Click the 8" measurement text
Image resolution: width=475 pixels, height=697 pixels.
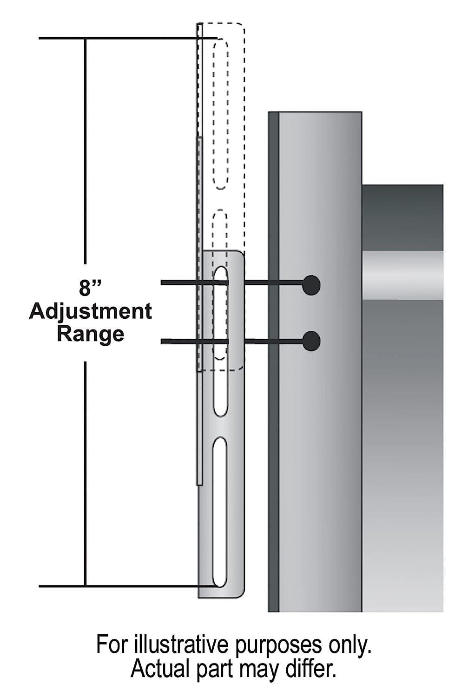point(90,288)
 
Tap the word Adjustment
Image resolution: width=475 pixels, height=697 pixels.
point(90,311)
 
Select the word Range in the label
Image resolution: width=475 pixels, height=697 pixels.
point(90,334)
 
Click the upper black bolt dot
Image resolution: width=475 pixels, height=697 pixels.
point(311,285)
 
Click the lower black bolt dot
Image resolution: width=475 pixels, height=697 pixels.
point(311,341)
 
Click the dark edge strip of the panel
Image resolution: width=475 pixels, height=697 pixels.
point(273,362)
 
